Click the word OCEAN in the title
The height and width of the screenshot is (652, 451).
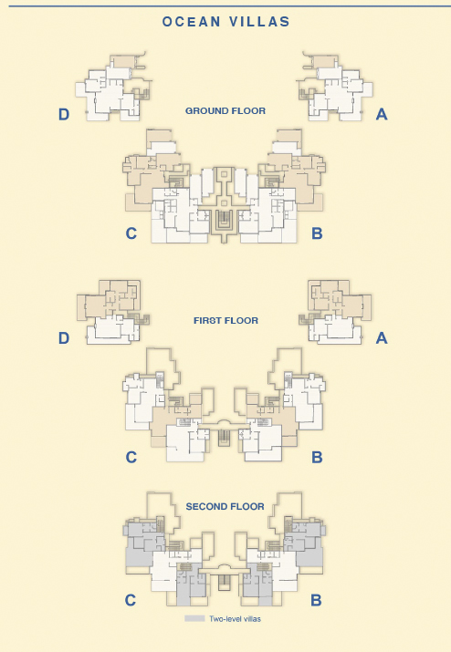192,22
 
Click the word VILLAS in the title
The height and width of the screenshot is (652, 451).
258,22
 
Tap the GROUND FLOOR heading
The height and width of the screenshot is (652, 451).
225,111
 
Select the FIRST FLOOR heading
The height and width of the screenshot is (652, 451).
225,321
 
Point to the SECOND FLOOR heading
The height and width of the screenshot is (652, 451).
225,506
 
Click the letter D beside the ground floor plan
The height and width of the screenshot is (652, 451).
64,114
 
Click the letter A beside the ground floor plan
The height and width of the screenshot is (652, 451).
382,114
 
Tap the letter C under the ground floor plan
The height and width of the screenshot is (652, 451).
131,233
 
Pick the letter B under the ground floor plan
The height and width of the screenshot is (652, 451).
317,233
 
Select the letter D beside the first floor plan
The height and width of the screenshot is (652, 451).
64,338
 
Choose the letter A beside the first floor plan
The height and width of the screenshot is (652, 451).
382,338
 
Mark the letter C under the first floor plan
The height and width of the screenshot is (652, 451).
131,458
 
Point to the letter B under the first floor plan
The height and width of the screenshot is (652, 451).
317,458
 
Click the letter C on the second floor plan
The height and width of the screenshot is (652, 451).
131,600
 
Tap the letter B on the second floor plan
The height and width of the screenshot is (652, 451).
316,600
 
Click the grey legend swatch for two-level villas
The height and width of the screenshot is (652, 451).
194,619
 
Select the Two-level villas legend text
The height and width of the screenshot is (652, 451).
235,619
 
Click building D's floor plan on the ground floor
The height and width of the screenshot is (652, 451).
112,87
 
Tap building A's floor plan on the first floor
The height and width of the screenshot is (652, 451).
336,312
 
